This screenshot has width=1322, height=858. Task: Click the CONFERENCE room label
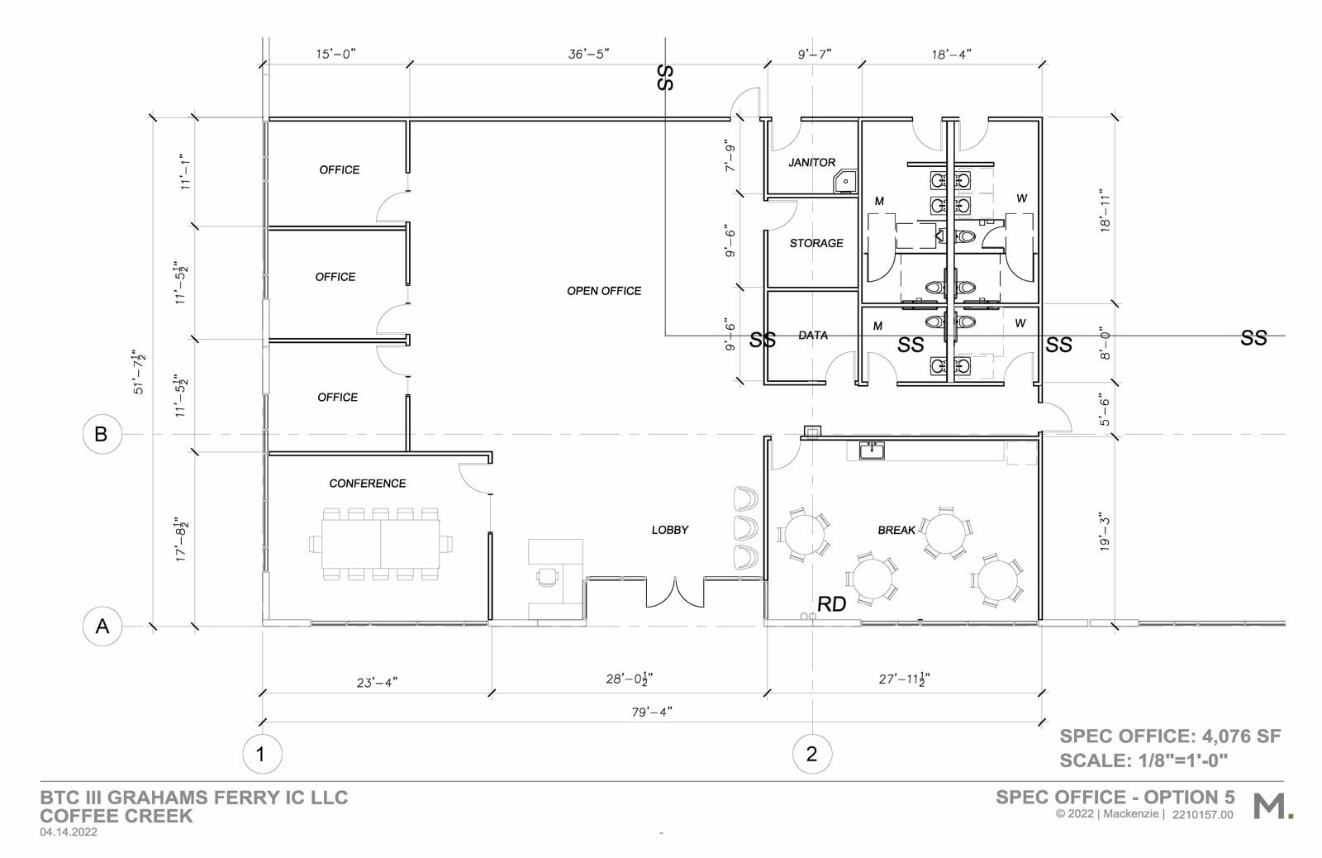367,484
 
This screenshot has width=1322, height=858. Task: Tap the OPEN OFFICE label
603,291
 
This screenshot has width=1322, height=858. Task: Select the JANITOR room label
811,163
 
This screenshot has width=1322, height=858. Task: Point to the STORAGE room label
816,243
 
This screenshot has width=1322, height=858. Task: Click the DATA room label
813,336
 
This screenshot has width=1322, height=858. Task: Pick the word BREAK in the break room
896,530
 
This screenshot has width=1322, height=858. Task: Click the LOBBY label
669,530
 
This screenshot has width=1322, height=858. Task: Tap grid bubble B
102,434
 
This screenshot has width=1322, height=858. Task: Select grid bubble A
102,627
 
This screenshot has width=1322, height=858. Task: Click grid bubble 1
261,754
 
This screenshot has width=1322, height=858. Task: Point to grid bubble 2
811,754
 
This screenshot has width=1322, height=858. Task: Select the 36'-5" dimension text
588,55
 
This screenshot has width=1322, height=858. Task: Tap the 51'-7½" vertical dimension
140,372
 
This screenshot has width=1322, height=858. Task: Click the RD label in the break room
831,605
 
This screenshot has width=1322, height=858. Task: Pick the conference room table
380,544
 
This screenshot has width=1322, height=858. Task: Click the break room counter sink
872,450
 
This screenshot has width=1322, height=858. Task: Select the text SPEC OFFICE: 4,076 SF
1170,736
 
